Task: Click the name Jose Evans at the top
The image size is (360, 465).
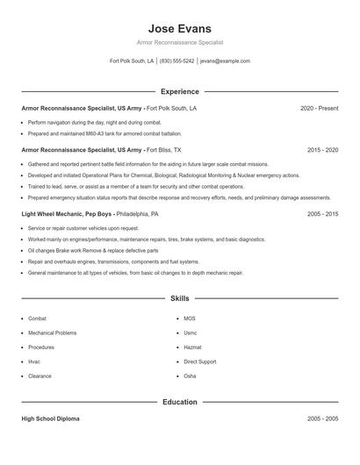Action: point(180,28)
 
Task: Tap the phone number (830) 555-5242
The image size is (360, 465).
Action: point(177,61)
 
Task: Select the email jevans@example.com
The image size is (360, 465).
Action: point(225,61)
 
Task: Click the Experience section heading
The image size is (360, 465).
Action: point(180,91)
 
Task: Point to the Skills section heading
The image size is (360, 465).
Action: point(180,299)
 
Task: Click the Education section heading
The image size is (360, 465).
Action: point(180,402)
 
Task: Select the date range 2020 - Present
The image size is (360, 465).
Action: point(319,108)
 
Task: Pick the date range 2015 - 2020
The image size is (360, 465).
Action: point(322,150)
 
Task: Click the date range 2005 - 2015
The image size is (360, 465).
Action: point(322,213)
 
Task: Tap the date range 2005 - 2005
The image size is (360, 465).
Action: point(322,418)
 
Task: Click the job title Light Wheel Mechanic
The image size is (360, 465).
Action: point(54,213)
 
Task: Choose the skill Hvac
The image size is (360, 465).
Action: point(33,361)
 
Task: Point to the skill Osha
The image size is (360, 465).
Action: point(190,376)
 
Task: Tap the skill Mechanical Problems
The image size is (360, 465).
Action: point(52,333)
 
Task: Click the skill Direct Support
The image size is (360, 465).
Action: point(199,361)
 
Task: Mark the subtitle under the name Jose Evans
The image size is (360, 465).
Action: point(180,42)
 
